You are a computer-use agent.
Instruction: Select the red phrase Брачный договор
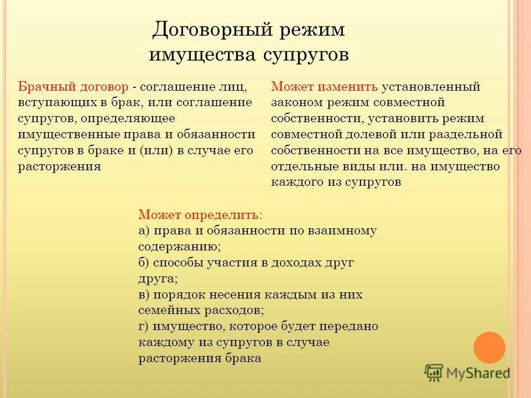tap(75, 87)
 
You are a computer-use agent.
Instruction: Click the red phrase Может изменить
tap(325, 87)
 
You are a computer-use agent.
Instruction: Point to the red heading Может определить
tap(200, 214)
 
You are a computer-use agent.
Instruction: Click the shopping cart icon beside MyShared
tap(434, 373)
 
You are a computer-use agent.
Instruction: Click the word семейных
tap(166, 311)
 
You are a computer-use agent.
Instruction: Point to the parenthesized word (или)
tap(157, 151)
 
